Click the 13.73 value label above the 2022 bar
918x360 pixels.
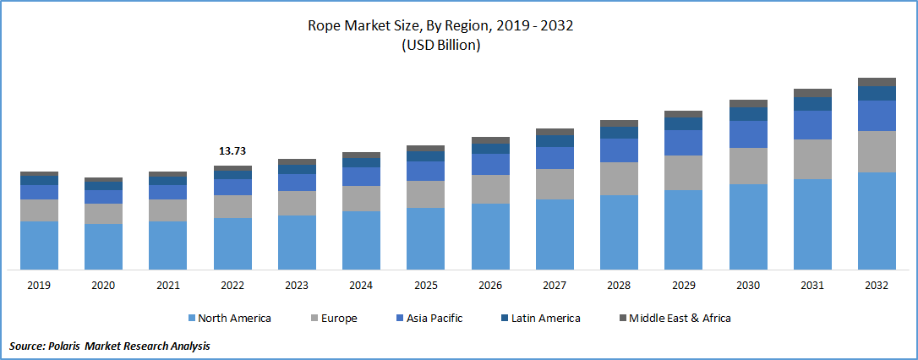tap(232, 150)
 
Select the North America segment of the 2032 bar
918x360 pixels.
tap(877, 221)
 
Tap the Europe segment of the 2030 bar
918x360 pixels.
tap(748, 166)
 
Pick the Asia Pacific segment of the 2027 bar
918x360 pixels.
tap(555, 158)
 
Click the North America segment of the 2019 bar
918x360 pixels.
tap(39, 245)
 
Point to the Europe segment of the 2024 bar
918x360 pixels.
tap(361, 198)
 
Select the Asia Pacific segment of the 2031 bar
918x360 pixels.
tap(812, 125)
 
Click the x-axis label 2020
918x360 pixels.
tap(103, 286)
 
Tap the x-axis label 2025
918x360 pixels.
tap(425, 286)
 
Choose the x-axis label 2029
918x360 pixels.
tap(683, 286)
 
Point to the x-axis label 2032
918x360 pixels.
tap(877, 286)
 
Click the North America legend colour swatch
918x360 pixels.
tap(192, 319)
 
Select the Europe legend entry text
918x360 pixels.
tap(339, 319)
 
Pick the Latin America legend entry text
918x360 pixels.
tap(546, 319)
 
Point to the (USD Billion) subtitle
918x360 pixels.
tap(440, 46)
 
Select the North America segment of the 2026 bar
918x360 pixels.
tap(490, 237)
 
